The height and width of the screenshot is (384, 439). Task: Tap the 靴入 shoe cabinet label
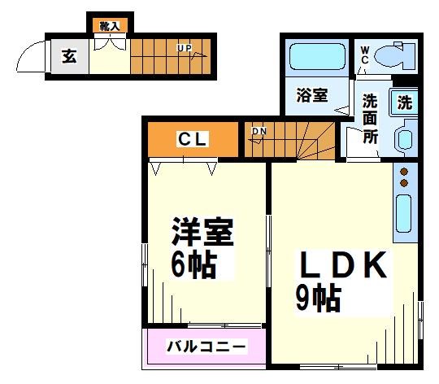point(109,26)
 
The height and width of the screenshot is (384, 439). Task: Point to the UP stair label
point(185,49)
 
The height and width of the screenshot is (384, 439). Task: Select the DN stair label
point(259,131)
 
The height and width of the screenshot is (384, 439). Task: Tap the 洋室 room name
point(202,232)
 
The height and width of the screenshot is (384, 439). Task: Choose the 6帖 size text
point(193,266)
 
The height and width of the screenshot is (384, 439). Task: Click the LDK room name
point(341,266)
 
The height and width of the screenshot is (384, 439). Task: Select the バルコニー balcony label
point(206,347)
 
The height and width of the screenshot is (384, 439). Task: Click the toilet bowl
point(397,57)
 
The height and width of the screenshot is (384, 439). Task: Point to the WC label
point(365,55)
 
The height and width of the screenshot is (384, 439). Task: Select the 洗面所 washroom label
point(370,118)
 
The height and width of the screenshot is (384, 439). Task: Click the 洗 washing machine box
point(404,103)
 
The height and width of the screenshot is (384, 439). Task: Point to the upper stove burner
point(404,172)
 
